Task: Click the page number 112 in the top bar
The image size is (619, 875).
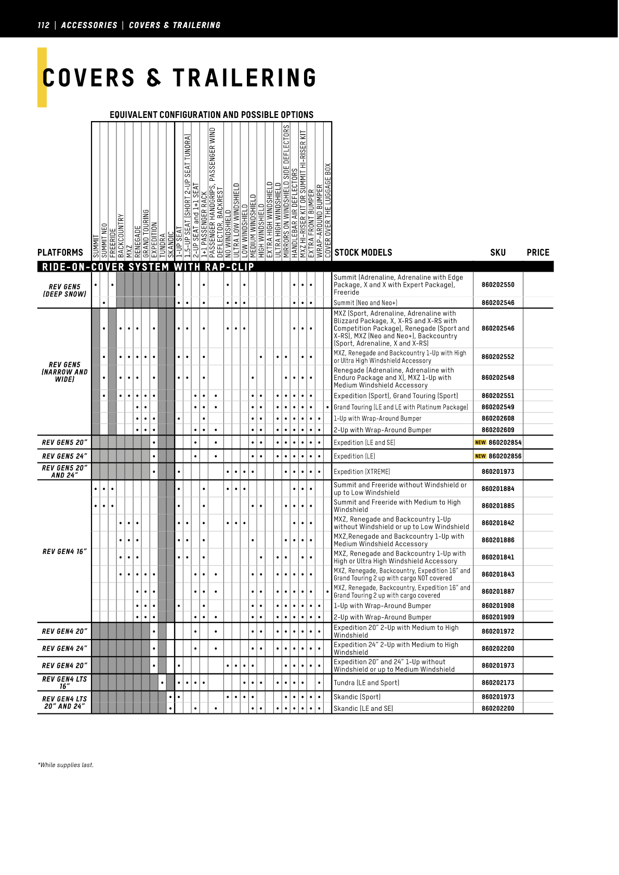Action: click(x=44, y=25)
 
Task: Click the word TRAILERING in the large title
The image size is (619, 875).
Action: click(x=244, y=78)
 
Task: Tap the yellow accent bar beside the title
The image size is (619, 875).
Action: click(x=42, y=77)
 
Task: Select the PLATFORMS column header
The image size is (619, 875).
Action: click(x=60, y=253)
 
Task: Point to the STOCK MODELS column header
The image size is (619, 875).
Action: click(x=363, y=253)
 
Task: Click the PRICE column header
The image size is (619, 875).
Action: click(x=537, y=253)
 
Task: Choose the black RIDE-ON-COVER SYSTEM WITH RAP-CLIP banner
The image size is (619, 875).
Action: click(x=148, y=267)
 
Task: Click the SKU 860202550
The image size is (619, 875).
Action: click(x=497, y=285)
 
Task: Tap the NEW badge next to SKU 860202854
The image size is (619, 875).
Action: click(x=480, y=443)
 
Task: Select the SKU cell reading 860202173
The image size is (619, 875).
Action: click(x=497, y=683)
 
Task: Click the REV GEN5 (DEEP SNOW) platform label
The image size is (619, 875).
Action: click(x=64, y=290)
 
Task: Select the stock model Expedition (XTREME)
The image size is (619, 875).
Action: click(x=362, y=472)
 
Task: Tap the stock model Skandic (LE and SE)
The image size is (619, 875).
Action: click(x=363, y=708)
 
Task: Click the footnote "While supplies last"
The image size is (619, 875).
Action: click(x=65, y=765)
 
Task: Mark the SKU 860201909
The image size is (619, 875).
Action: click(x=497, y=617)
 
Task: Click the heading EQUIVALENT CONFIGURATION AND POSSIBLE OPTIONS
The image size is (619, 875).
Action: click(x=212, y=115)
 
